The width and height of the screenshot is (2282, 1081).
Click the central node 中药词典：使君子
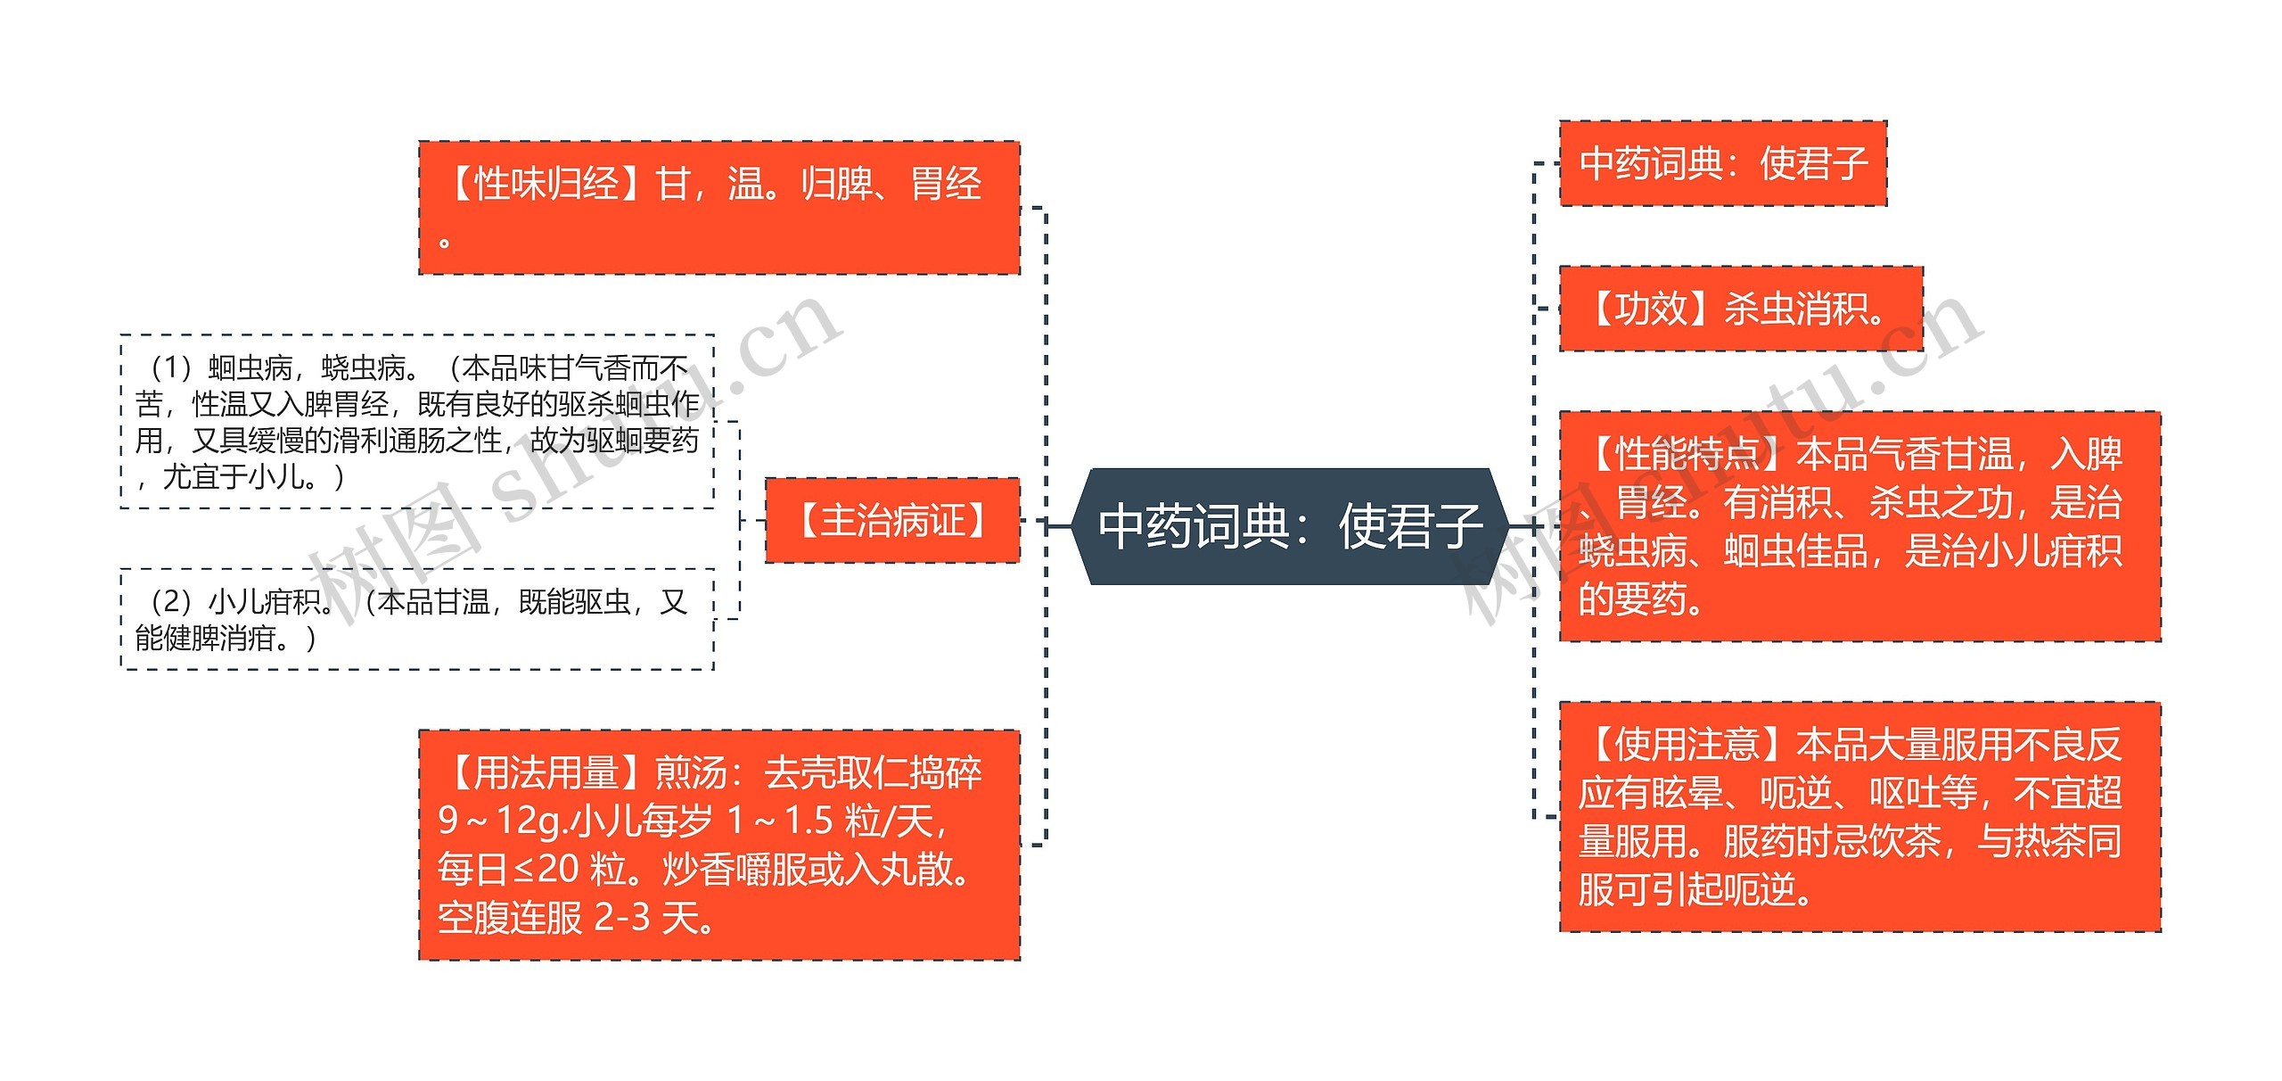(1292, 526)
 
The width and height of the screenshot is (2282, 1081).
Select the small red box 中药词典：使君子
(1722, 163)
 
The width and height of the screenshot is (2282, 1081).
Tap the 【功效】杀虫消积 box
(1740, 309)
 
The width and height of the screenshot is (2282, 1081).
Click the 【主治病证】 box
(892, 520)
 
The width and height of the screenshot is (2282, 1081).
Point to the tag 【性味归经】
(546, 184)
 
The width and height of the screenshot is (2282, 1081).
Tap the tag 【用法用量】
(546, 772)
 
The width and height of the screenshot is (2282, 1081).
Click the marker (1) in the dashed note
(172, 367)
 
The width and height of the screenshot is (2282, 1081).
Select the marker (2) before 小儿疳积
(172, 602)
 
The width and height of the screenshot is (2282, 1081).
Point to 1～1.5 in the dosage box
(780, 821)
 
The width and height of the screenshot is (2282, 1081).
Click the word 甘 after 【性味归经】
(673, 184)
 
